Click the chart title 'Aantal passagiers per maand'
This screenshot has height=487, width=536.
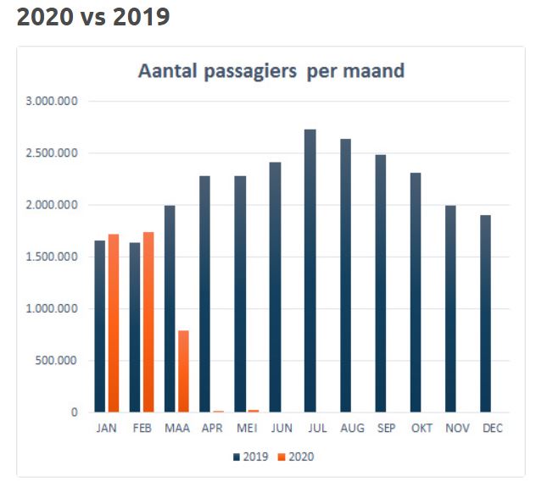271,71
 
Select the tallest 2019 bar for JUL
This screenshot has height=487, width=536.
310,271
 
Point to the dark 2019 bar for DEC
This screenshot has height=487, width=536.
485,313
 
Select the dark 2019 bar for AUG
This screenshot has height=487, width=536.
345,275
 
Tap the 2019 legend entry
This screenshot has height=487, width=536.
250,457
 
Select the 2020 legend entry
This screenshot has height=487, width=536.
296,457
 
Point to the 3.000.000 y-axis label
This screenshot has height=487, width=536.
53,102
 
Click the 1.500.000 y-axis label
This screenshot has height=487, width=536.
53,257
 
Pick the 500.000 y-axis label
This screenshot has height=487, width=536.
58,361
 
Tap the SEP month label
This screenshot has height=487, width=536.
387,429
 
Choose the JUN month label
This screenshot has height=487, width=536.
282,429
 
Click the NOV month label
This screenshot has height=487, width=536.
456,429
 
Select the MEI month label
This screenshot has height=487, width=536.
247,429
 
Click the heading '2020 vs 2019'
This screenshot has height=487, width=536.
93,17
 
